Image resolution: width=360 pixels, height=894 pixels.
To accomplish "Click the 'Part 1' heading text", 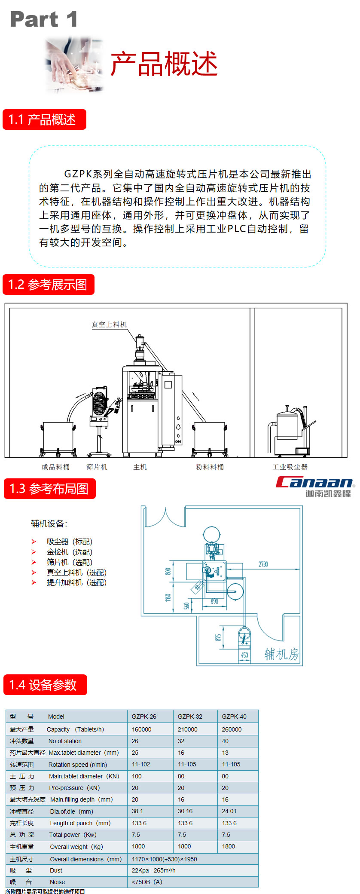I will click(x=43, y=19).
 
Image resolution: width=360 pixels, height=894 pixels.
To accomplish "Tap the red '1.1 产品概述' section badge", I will click(x=44, y=119).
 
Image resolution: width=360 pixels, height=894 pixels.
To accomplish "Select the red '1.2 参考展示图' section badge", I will click(x=48, y=285).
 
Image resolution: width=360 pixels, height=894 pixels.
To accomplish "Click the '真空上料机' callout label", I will click(x=109, y=325).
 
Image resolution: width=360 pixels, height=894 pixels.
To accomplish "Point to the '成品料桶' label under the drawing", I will click(x=55, y=467).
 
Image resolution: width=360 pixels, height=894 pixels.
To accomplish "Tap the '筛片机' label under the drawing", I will click(x=97, y=467).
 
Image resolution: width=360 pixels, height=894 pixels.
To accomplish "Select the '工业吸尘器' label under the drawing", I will click(x=290, y=467).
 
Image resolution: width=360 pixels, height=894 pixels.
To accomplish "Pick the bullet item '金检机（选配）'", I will click(x=69, y=552).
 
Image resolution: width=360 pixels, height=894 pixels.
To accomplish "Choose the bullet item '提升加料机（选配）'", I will click(x=76, y=582).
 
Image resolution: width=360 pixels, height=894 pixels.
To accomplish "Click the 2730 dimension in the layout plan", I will click(x=263, y=564).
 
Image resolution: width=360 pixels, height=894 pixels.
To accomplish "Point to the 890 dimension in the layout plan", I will click(x=214, y=601).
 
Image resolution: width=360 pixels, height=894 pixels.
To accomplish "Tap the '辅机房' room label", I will click(x=281, y=654).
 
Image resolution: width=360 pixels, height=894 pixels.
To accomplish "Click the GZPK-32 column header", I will click(x=190, y=716).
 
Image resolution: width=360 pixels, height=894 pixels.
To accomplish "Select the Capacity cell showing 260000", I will click(x=232, y=729).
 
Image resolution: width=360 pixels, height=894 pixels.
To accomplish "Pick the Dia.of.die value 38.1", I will click(x=137, y=811).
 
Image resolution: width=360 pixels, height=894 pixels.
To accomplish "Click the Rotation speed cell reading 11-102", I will click(x=141, y=764).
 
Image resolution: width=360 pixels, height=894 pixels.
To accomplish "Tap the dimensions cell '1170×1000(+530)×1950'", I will click(x=164, y=859).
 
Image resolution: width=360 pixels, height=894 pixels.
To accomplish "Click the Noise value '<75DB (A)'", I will click(x=147, y=882).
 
